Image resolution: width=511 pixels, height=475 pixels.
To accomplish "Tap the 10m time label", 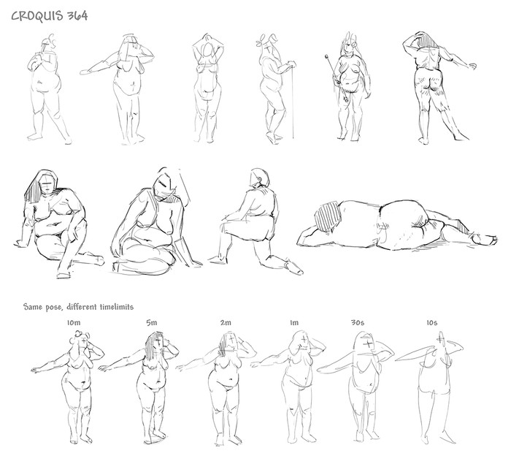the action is pyautogui.click(x=74, y=323).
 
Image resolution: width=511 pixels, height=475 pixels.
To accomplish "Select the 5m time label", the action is pyautogui.click(x=152, y=323).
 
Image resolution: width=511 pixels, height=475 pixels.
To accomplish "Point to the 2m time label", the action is pyautogui.click(x=226, y=323).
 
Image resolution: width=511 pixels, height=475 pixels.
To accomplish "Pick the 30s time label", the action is pyautogui.click(x=358, y=323).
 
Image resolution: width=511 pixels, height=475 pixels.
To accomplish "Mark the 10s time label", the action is pyautogui.click(x=432, y=323).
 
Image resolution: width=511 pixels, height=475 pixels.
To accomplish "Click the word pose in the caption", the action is pyautogui.click(x=53, y=308).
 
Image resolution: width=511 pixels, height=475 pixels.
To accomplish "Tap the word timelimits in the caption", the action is pyautogui.click(x=117, y=307).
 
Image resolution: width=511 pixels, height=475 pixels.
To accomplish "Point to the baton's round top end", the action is pyautogui.click(x=326, y=56).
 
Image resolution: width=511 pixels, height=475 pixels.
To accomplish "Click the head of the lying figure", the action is pyautogui.click(x=328, y=216).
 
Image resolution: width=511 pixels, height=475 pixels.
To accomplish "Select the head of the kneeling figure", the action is pyautogui.click(x=260, y=178).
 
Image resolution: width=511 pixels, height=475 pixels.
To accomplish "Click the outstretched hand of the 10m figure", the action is pyautogui.click(x=36, y=370).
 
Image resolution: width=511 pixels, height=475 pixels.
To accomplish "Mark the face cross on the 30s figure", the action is pyautogui.click(x=368, y=343).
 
